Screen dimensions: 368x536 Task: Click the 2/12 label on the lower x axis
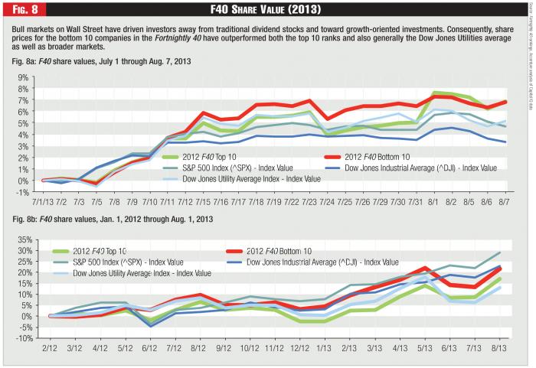tap(50, 348)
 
